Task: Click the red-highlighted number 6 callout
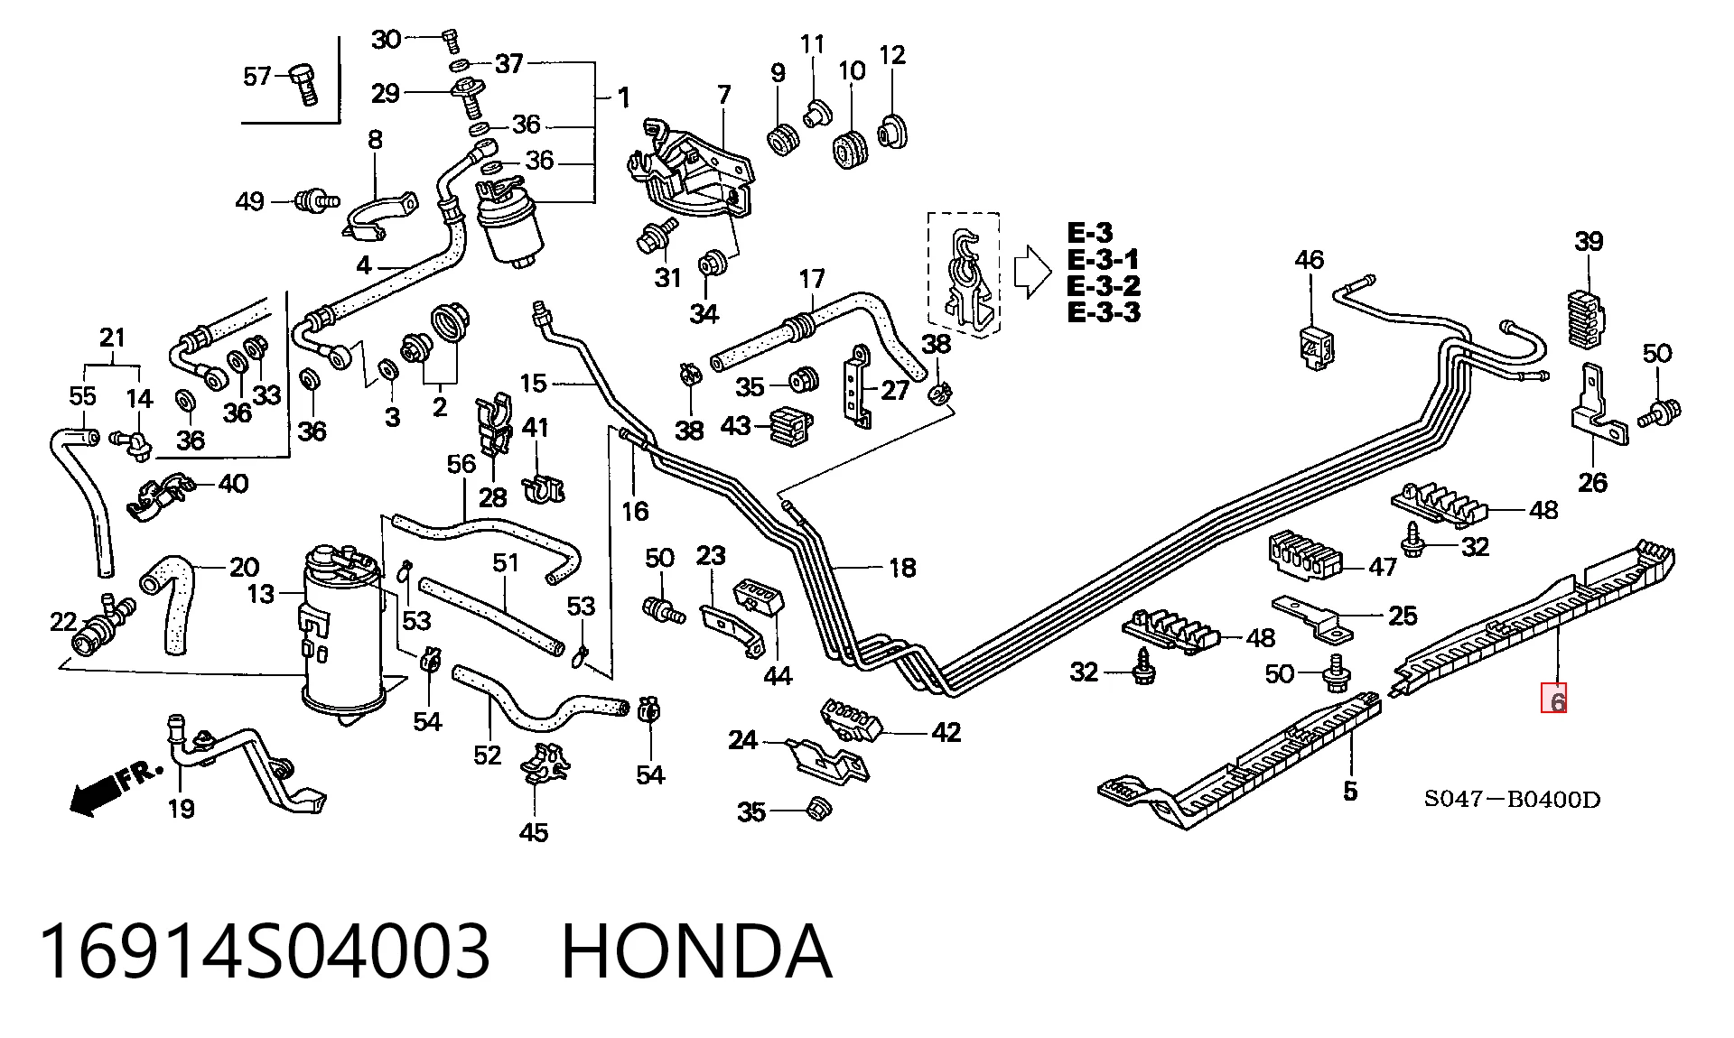click(x=1553, y=700)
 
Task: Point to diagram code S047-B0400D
click(x=1512, y=799)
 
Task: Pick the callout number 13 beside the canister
click(x=261, y=594)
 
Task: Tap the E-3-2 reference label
click(x=1104, y=286)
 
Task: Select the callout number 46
click(x=1309, y=260)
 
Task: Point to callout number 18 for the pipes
click(x=902, y=568)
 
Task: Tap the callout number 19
click(x=181, y=809)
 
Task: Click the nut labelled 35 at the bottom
click(x=817, y=808)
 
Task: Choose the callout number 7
click(x=723, y=95)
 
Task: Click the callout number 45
click(x=533, y=831)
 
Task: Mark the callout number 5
click(x=1350, y=792)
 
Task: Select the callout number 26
click(x=1592, y=483)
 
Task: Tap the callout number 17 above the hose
click(x=812, y=278)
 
